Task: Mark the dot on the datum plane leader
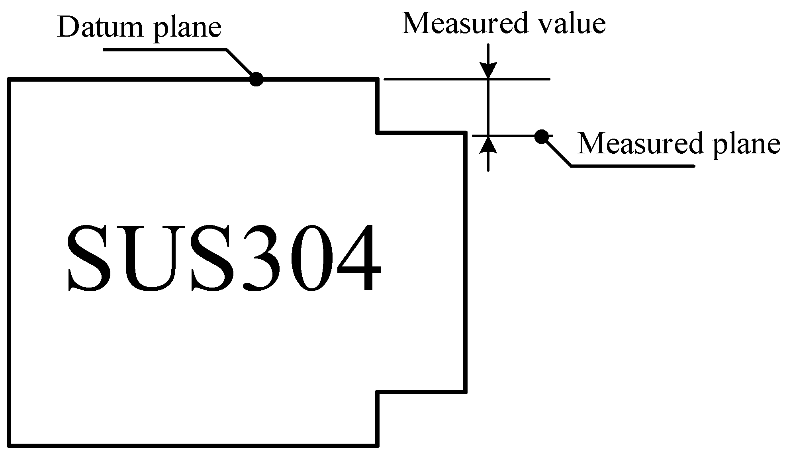click(x=256, y=79)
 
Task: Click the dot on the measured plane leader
click(x=540, y=137)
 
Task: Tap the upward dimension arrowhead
click(x=489, y=145)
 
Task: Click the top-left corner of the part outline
click(x=9, y=80)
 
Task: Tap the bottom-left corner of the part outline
click(x=9, y=445)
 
